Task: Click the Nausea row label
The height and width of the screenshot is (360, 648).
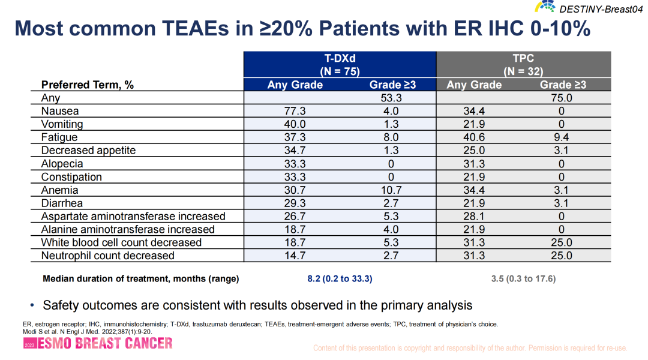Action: [x=60, y=111]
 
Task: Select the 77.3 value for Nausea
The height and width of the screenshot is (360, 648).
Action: [x=295, y=111]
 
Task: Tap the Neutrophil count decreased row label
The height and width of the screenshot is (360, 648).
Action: [x=107, y=256]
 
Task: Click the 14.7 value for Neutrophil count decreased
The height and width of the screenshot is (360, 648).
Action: [x=295, y=256]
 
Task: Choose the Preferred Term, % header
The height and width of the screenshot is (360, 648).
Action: [x=88, y=85]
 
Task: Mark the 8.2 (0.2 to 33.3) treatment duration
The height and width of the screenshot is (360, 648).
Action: [x=340, y=279]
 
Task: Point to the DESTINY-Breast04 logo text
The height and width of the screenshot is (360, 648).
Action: [x=600, y=8]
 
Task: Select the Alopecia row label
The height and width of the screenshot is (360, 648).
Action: [x=62, y=164]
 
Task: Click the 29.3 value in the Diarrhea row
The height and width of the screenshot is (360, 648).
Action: [x=295, y=203]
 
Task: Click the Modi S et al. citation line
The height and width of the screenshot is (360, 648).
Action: [x=87, y=331]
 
